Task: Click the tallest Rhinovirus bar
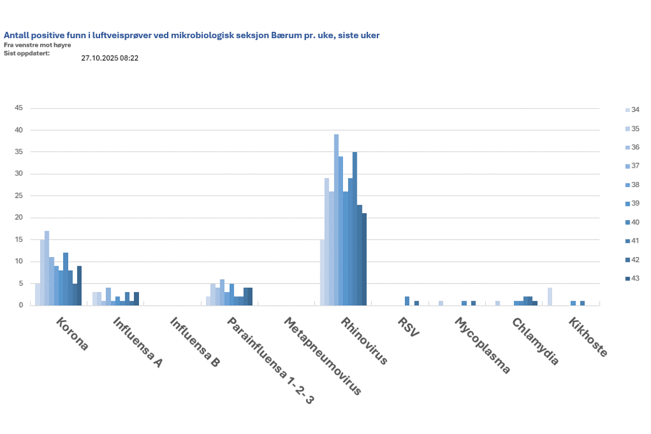click(x=336, y=220)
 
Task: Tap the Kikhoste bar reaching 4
click(x=550, y=296)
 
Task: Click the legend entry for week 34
click(x=635, y=109)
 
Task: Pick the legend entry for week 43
click(x=635, y=278)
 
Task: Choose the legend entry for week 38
click(x=635, y=184)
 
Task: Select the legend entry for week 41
click(x=635, y=241)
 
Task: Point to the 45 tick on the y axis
click(x=19, y=108)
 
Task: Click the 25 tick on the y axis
click(x=19, y=196)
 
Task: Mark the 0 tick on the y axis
click(x=21, y=305)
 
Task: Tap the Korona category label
click(x=73, y=335)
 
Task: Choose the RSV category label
click(x=408, y=327)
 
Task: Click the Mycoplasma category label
click(x=481, y=345)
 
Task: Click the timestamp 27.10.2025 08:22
click(x=110, y=58)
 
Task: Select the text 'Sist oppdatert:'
click(x=26, y=53)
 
